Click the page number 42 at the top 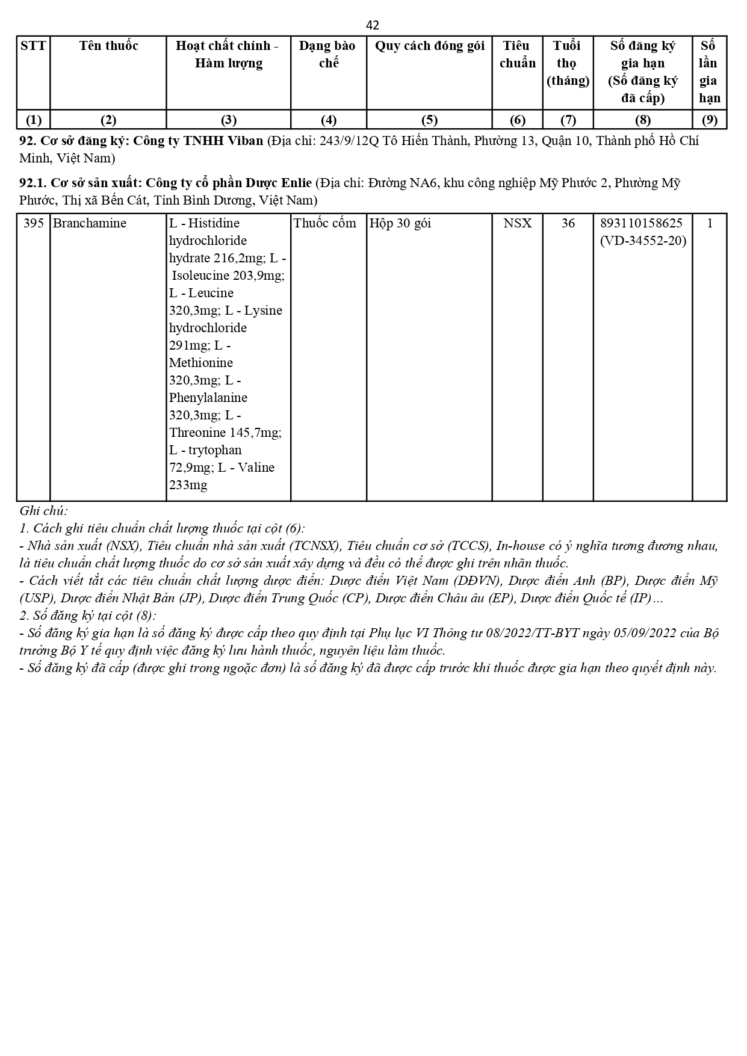pos(373,25)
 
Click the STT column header pos(33,46)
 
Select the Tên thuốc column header pos(108,46)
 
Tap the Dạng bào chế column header pos(328,54)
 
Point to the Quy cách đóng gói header pos(429,46)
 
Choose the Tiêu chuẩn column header pos(518,54)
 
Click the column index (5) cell pos(429,120)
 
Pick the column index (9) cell pos(710,120)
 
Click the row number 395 pos(34,223)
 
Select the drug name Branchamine pos(90,223)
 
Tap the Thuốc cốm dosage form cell pos(325,223)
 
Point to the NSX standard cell pos(518,223)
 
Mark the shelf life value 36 pos(568,223)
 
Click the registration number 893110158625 pos(642,223)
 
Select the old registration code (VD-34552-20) pos(643,241)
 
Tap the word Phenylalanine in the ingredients pos(208,398)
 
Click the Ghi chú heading pos(43,511)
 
